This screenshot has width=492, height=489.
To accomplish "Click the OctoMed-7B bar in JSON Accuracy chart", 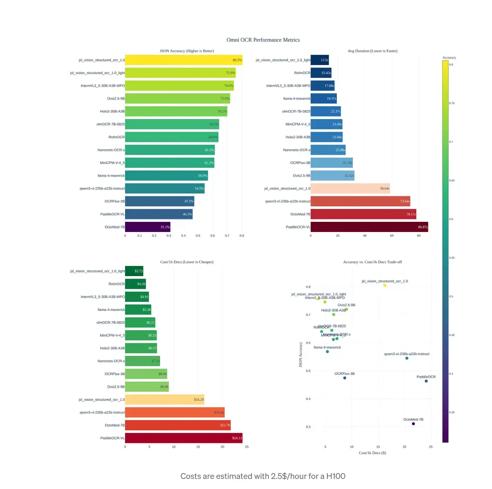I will point(147,227).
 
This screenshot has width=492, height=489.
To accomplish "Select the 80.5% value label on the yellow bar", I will point(237,60).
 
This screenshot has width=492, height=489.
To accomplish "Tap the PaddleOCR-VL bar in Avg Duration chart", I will point(369,227).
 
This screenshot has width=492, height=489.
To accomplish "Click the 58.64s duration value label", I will point(384,189).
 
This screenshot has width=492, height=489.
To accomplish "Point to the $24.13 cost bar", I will point(183,438).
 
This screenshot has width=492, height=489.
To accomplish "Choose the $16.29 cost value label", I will point(199,400).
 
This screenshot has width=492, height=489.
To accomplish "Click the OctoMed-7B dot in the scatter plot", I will point(413,424).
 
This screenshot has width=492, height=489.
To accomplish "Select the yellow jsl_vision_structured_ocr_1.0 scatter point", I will point(385,285).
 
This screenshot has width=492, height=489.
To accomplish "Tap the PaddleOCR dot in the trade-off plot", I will point(426,381).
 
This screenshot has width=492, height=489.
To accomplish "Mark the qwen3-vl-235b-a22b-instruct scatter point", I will point(407,358).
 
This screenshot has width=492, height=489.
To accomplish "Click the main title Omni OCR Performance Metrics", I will point(263,40).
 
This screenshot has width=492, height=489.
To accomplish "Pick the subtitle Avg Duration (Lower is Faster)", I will point(372,51).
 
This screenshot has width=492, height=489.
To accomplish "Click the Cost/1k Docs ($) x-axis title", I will point(372,453).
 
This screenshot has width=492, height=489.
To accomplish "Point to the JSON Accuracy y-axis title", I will point(300,354).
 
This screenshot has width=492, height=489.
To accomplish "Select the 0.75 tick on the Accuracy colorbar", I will point(452,103).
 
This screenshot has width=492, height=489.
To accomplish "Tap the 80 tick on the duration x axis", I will point(419,235).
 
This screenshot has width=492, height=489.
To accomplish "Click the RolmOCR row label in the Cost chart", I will point(117,284).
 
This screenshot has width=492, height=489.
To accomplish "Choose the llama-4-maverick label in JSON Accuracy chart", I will point(111,175).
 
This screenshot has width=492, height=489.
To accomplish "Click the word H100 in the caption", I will point(336,476).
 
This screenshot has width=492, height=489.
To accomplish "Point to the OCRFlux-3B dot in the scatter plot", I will point(345,378).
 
